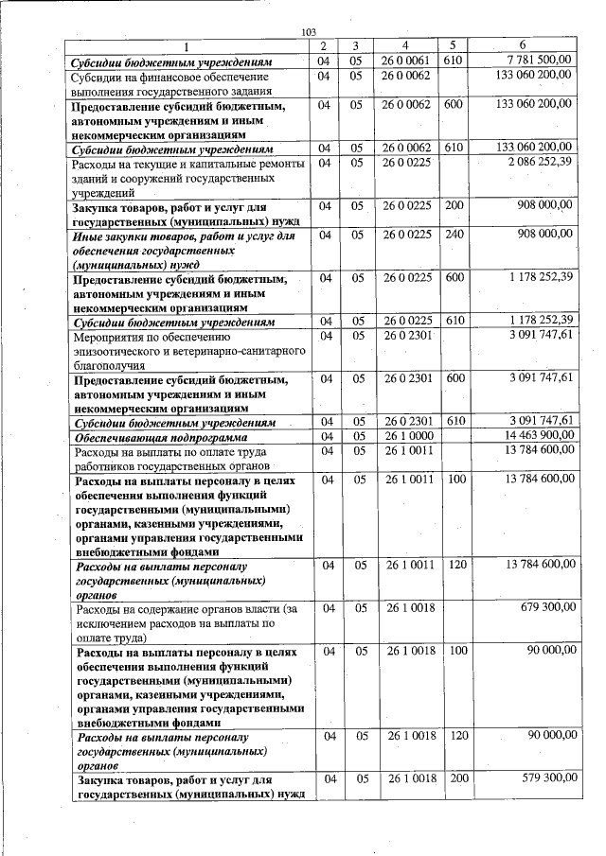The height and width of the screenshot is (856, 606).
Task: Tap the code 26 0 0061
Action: tap(406, 60)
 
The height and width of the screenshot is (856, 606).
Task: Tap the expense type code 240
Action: tap(454, 233)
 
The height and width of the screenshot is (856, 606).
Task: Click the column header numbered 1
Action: tap(187, 45)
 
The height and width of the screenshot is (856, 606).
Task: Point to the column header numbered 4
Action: tap(405, 45)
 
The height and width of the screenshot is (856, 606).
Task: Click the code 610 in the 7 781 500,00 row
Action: tap(454, 60)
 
